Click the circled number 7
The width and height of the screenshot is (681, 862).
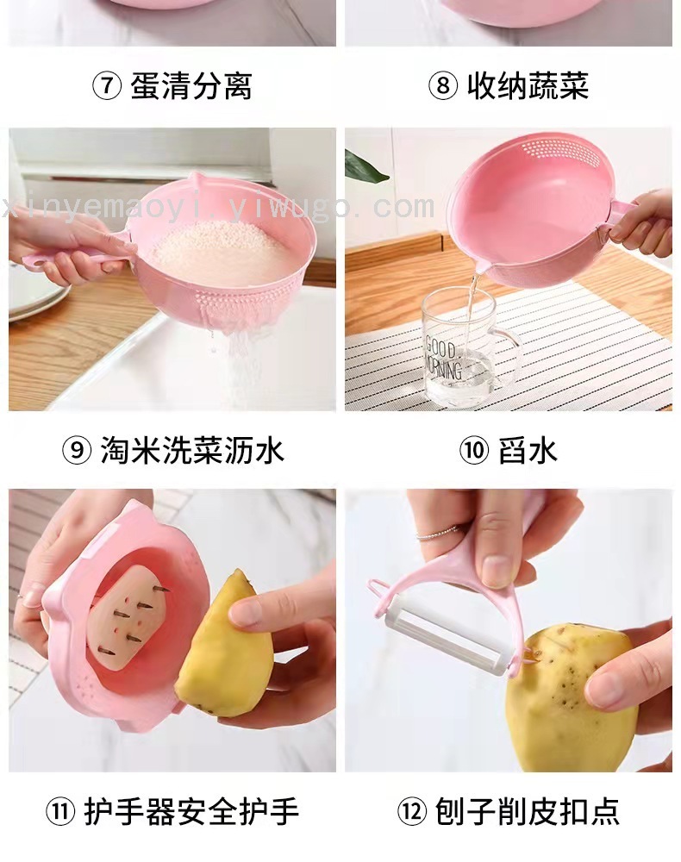[106, 86]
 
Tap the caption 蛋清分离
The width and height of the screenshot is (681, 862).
[191, 86]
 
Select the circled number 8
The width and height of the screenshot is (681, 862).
[443, 86]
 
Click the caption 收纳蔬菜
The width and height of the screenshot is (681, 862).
[528, 86]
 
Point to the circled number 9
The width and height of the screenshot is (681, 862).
[77, 451]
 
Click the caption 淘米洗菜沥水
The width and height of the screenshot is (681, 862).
[192, 451]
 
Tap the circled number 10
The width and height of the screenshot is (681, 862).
[474, 451]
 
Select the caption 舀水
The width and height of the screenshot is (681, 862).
[528, 451]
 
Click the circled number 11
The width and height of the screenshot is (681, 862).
[59, 811]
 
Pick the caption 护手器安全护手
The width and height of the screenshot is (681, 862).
[191, 811]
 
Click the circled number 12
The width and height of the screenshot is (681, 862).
[412, 811]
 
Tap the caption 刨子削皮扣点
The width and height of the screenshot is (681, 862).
[527, 811]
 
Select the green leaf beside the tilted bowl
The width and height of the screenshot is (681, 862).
[365, 165]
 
